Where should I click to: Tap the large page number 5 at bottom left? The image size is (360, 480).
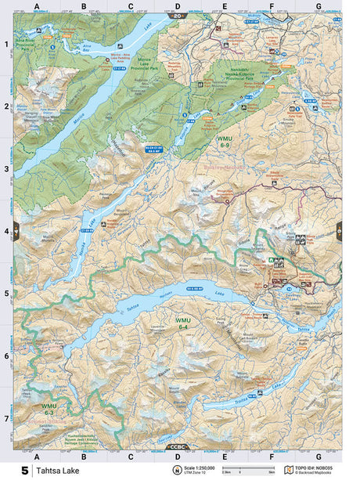(x=26, y=471)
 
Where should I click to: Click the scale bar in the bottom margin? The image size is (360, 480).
(x=239, y=471)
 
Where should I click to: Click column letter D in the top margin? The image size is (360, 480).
(x=177, y=6)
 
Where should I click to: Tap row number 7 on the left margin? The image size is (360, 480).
(x=6, y=418)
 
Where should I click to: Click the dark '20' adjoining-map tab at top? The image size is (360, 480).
(x=178, y=16)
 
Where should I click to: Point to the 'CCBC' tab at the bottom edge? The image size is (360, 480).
(x=178, y=446)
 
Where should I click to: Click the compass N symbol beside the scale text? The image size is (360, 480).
(x=178, y=468)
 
